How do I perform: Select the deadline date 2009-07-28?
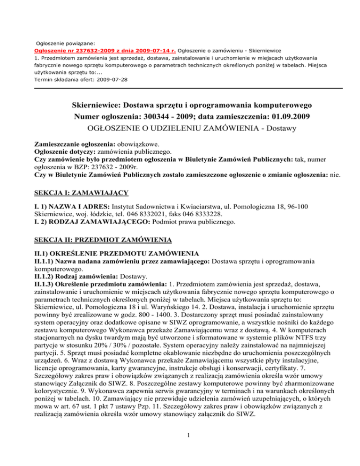coord(112,80)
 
